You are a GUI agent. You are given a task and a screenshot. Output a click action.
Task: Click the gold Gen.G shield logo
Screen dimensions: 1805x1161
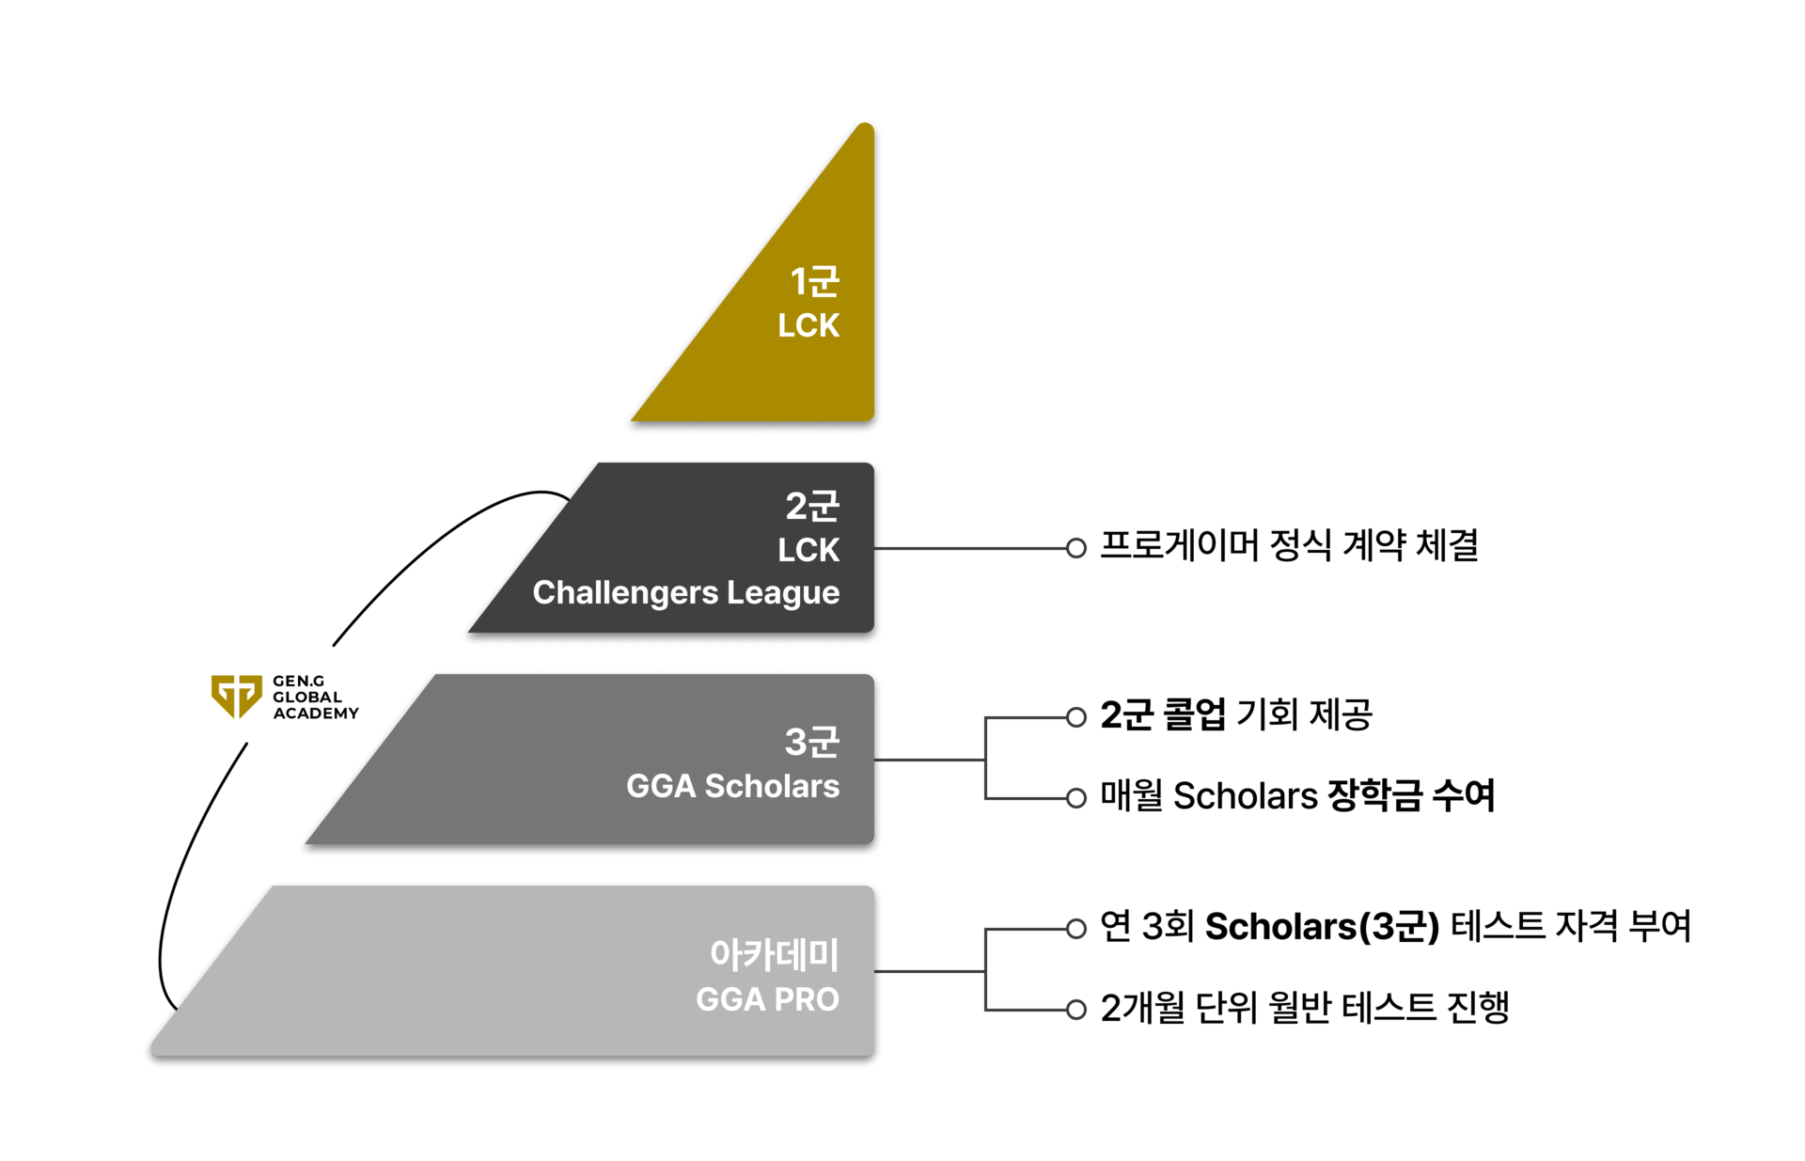pos(236,697)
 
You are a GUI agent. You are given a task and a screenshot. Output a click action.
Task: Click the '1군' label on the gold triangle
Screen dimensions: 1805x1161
pos(814,281)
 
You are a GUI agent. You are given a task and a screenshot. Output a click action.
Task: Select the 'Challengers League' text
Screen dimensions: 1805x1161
pos(686,593)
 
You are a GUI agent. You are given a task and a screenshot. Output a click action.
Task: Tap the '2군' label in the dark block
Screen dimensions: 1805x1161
pos(812,506)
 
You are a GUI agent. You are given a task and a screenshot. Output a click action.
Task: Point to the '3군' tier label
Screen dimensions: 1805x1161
pos(812,742)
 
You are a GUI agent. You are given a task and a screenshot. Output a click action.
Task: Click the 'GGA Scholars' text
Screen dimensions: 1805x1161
pos(733,786)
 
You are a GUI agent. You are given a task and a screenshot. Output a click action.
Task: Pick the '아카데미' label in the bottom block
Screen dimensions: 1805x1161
pos(775,954)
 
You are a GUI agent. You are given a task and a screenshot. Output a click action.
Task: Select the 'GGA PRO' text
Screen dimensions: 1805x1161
pos(767,999)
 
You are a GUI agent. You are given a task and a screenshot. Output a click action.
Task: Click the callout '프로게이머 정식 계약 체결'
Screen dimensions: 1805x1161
pos(1289,545)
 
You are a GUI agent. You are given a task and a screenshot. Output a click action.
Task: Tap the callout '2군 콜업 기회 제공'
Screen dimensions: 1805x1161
pos(1236,714)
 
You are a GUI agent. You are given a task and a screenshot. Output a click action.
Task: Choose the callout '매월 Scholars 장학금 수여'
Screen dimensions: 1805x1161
pos(1297,795)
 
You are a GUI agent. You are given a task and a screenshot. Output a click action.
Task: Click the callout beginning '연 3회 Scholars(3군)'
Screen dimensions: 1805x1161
pos(1395,926)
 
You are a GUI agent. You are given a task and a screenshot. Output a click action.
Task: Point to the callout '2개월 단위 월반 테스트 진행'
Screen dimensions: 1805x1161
pos(1305,1008)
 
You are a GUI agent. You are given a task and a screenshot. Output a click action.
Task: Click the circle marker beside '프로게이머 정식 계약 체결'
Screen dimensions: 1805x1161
pos(1076,548)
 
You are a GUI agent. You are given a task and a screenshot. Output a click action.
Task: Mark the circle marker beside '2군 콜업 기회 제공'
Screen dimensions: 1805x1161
pos(1076,717)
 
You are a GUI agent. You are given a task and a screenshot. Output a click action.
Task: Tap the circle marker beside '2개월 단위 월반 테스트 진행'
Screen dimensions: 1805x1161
pos(1076,1011)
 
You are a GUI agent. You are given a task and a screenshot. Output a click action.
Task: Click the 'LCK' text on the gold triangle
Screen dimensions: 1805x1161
pos(808,325)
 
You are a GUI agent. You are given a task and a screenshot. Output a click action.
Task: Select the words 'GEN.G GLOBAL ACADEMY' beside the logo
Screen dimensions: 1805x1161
pos(316,697)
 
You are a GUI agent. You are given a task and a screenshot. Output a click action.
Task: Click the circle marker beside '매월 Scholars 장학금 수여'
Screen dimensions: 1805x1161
pos(1076,798)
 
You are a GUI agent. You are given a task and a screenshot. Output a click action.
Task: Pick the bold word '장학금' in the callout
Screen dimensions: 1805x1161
pos(1374,795)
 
